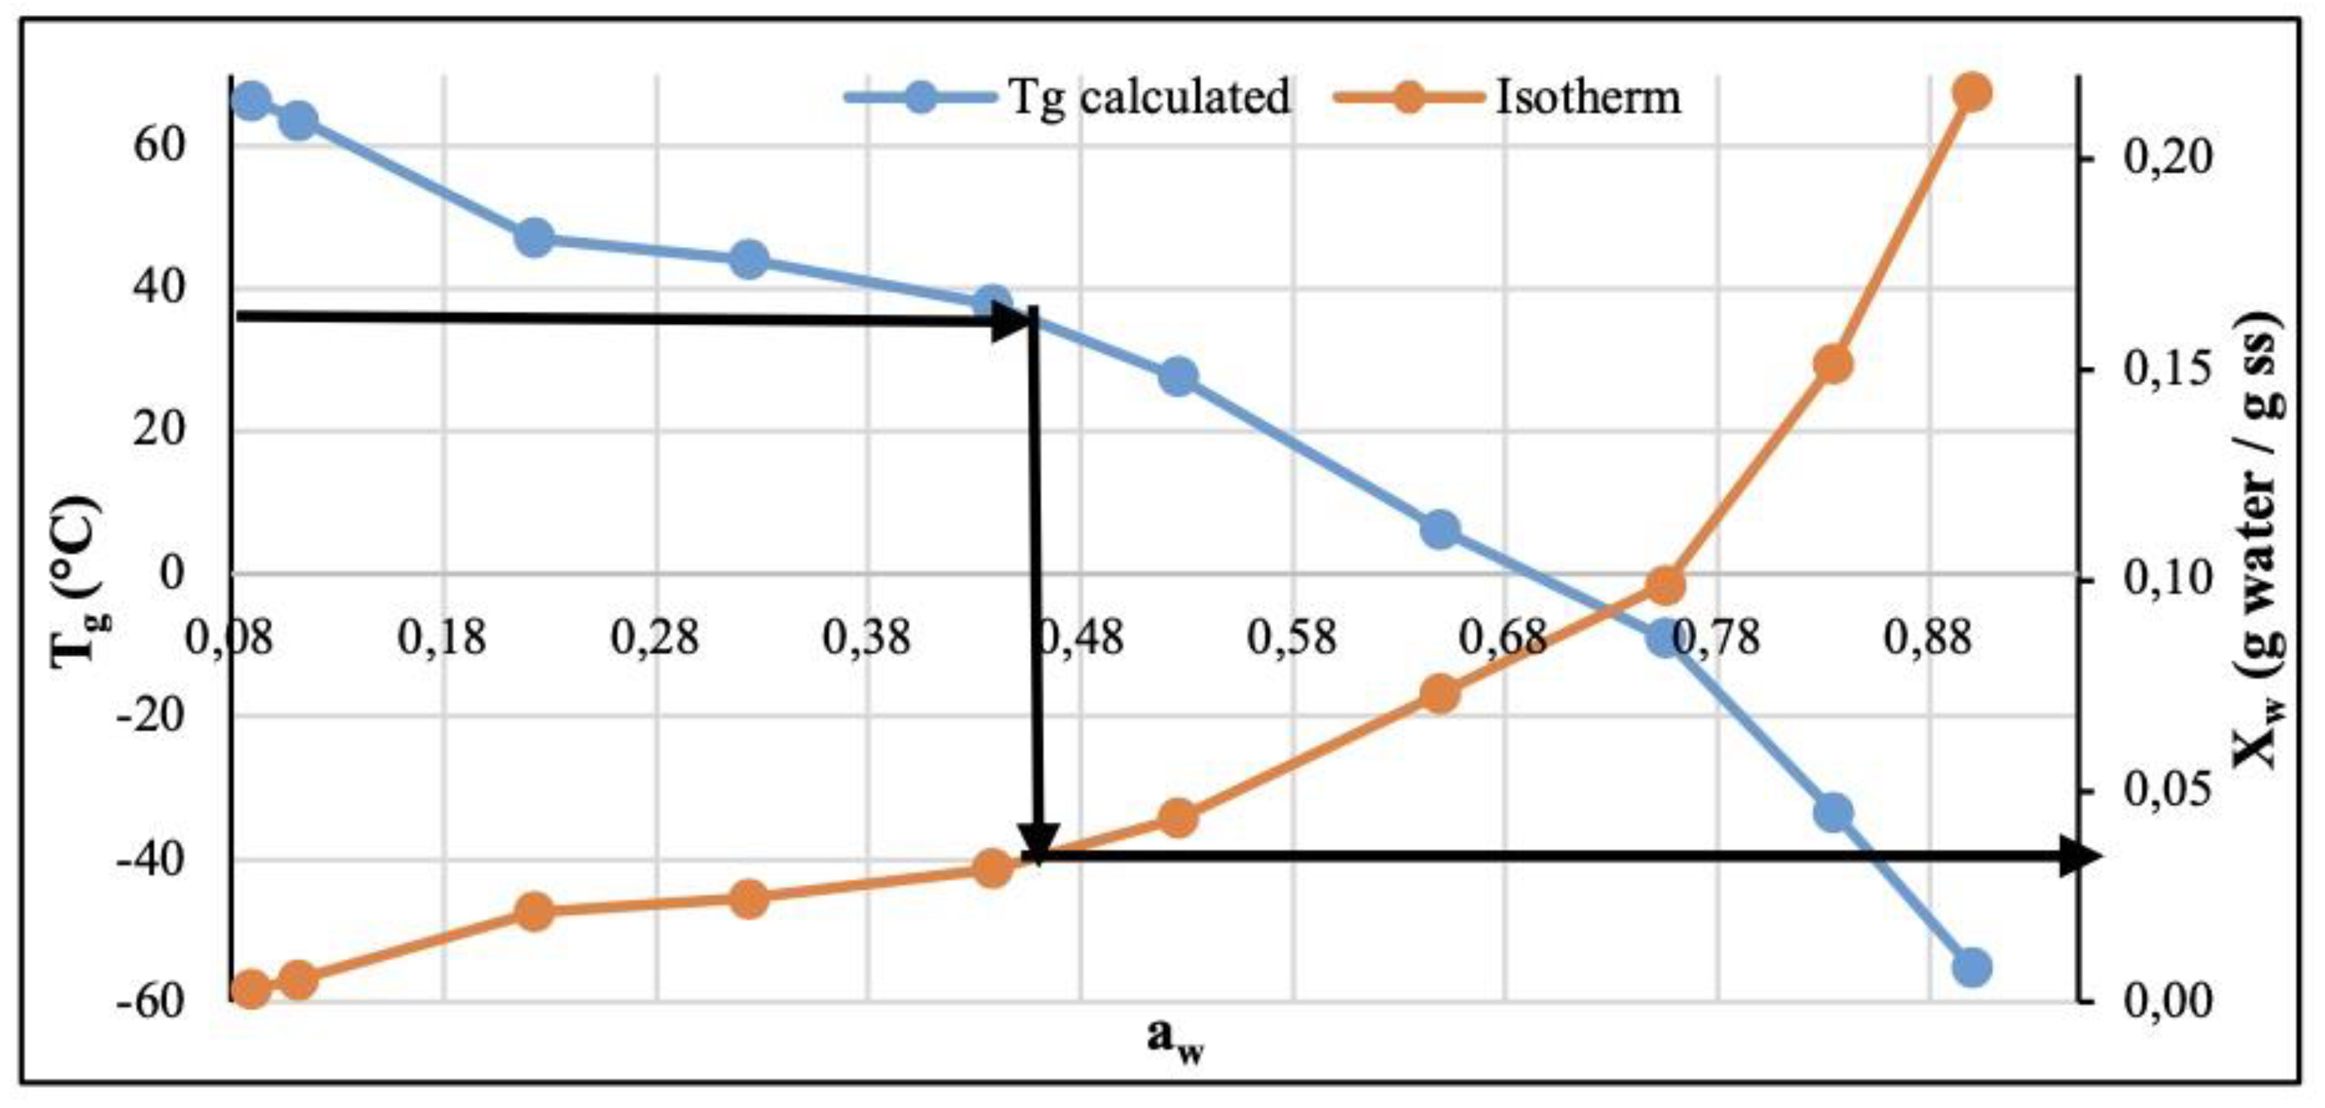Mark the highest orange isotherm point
[x=1971, y=92]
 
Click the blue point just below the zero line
[x=1665, y=637]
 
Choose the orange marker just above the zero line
[x=1665, y=585]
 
